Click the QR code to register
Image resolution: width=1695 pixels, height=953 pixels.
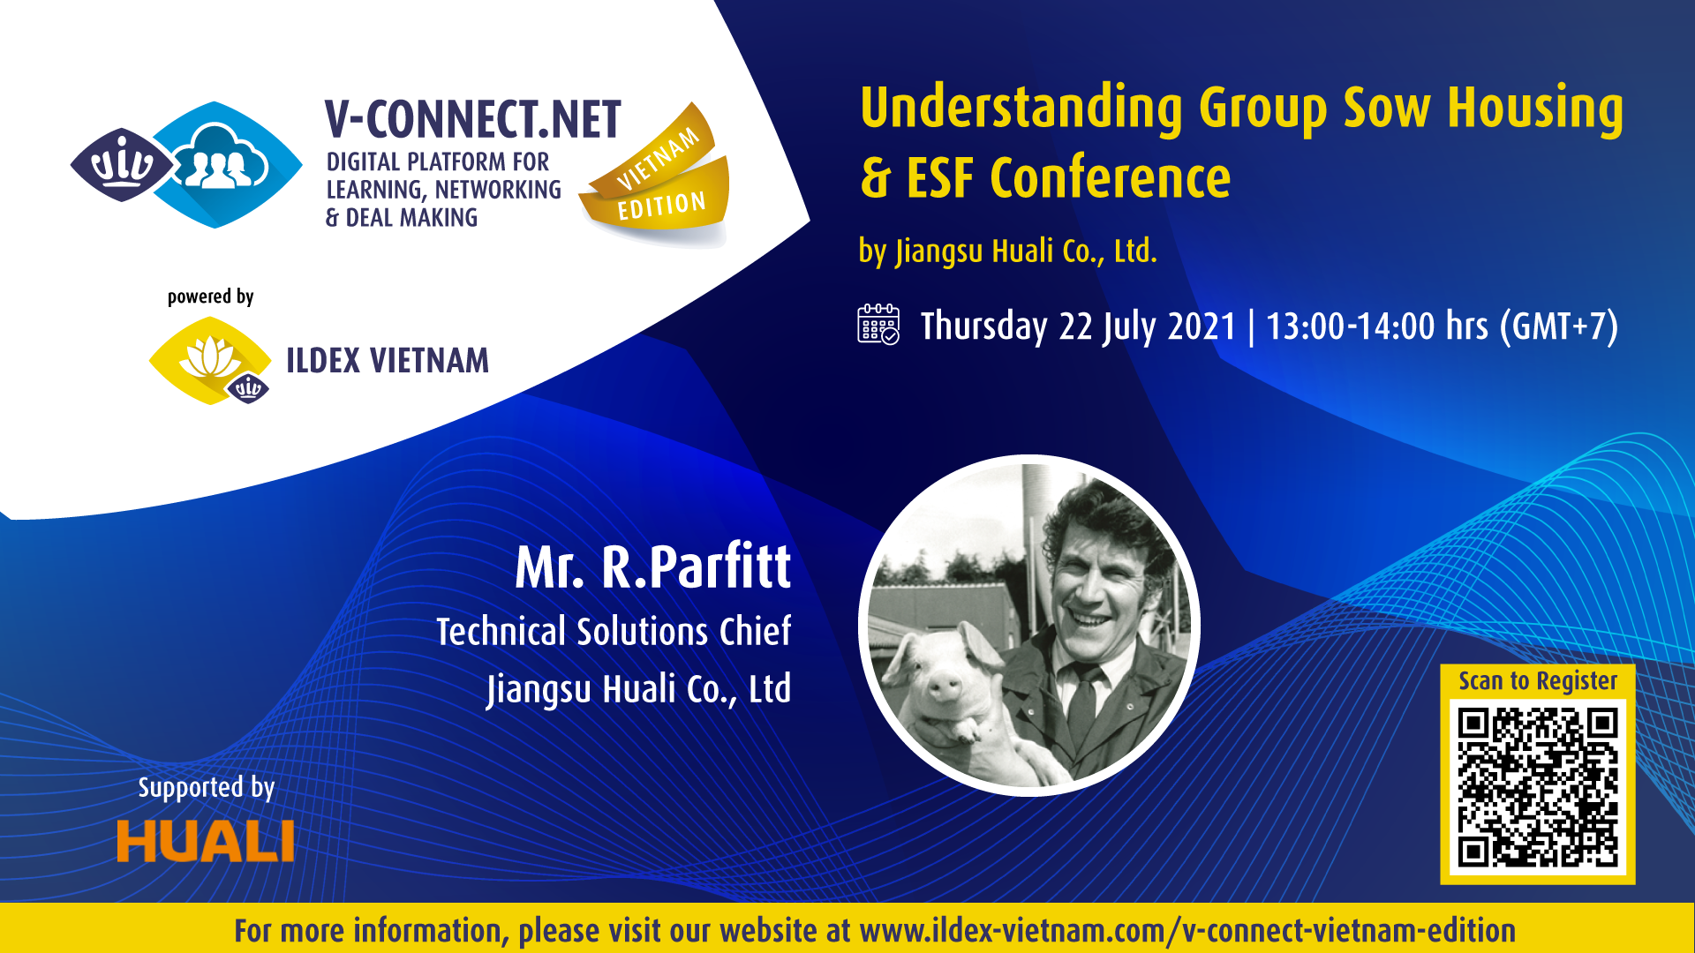tap(1537, 789)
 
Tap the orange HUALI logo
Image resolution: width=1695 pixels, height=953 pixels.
tap(205, 841)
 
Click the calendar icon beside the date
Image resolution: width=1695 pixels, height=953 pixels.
tap(878, 324)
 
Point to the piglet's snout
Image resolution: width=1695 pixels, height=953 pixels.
tap(944, 685)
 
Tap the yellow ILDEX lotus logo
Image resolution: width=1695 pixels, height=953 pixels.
tap(210, 361)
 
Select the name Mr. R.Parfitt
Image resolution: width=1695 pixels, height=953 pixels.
tap(652, 567)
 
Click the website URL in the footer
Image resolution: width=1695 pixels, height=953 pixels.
tap(1187, 930)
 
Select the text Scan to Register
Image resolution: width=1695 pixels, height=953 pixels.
tap(1538, 681)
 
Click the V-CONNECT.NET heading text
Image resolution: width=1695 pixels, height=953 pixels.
tap(473, 120)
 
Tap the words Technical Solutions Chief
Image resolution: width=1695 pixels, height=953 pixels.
tap(614, 632)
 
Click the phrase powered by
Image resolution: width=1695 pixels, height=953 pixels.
tap(211, 296)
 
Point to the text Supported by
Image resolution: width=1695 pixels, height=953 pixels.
tap(207, 787)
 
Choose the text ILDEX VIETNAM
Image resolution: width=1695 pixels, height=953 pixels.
tap(388, 361)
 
